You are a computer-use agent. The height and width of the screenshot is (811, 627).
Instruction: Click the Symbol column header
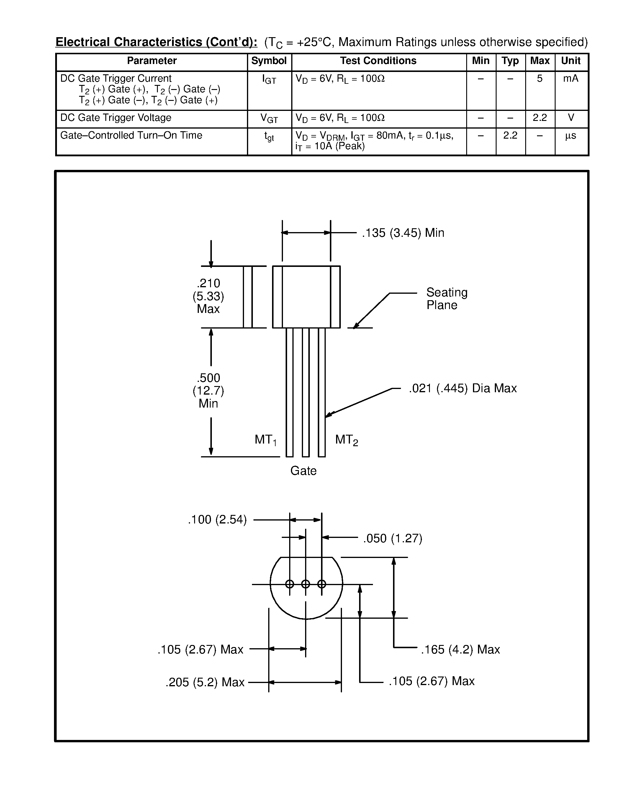[x=269, y=61]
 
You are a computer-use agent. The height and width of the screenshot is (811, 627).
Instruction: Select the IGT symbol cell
[x=269, y=79]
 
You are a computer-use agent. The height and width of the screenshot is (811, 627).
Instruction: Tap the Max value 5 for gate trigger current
[x=540, y=79]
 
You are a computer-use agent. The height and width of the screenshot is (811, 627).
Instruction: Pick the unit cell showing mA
[x=571, y=79]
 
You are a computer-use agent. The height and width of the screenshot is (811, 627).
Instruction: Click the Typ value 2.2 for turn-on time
[x=510, y=136]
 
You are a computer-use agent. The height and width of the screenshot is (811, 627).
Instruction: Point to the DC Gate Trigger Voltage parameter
[x=116, y=118]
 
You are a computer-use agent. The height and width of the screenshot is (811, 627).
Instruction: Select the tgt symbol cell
[x=269, y=137]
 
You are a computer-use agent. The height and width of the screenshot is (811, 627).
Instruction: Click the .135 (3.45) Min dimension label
[x=403, y=233]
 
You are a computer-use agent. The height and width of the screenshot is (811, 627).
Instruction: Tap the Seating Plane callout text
[x=446, y=298]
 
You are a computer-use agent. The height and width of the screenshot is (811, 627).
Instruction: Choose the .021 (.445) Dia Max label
[x=462, y=388]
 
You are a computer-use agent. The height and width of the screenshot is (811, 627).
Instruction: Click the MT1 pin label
[x=265, y=440]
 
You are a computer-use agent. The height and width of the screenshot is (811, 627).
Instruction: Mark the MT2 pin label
[x=346, y=440]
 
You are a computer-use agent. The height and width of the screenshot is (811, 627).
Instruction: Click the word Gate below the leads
[x=303, y=471]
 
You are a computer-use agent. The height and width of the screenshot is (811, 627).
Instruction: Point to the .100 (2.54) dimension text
[x=217, y=520]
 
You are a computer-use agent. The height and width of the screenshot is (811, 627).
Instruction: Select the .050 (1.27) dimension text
[x=393, y=539]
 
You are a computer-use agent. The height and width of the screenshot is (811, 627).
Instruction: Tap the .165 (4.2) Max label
[x=460, y=649]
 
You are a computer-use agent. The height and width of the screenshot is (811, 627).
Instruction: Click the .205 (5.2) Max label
[x=205, y=682]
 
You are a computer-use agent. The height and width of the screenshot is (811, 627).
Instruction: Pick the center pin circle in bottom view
[x=305, y=584]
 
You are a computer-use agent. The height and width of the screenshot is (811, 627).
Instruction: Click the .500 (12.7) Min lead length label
[x=208, y=391]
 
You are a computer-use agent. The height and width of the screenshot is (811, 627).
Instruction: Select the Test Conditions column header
[x=378, y=61]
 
